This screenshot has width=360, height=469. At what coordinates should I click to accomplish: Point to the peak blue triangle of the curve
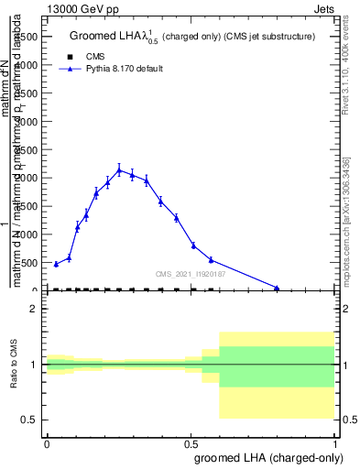coord(119,170)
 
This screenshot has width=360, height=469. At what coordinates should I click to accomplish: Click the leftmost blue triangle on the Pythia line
coord(56,264)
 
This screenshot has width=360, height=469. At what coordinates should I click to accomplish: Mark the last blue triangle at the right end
coord(277,288)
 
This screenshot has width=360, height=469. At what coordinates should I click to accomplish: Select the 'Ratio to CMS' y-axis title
coord(16,364)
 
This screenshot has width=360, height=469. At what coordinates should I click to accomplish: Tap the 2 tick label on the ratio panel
coord(33,310)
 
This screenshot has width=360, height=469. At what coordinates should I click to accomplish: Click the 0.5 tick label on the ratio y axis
coord(28,420)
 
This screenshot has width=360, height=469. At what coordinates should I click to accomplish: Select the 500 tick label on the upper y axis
coord(28,263)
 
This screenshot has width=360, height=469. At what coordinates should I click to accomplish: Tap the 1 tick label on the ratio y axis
coord(33,365)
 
